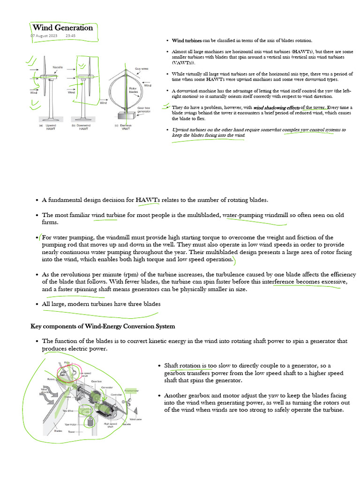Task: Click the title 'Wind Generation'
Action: (x=62, y=28)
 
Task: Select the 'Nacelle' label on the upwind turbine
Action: (x=58, y=67)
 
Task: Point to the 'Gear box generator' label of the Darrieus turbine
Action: (x=143, y=110)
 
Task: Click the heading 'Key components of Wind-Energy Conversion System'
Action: (x=103, y=326)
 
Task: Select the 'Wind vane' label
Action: (x=136, y=419)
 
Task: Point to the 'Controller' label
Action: (x=116, y=395)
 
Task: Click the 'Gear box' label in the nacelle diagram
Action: (x=97, y=381)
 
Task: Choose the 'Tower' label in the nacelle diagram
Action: (x=71, y=431)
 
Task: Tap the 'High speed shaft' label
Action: (x=110, y=425)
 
